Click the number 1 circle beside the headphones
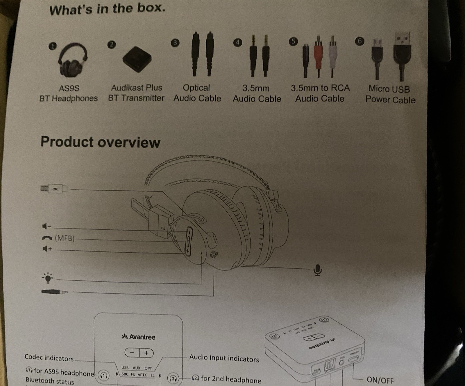[52, 46]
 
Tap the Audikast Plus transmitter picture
[137, 60]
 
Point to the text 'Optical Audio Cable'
[197, 93]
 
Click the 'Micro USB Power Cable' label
[390, 94]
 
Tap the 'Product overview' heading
[100, 142]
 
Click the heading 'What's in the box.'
[107, 9]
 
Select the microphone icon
[318, 270]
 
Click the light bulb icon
[48, 278]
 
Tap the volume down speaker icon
[46, 226]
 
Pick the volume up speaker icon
[47, 249]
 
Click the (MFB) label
[65, 238]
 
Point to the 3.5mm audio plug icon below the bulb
[54, 291]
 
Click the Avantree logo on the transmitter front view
[138, 337]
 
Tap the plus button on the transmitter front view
[146, 353]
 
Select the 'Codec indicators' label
[49, 358]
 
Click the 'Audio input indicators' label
[224, 358]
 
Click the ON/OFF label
[380, 380]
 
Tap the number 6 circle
[360, 41]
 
